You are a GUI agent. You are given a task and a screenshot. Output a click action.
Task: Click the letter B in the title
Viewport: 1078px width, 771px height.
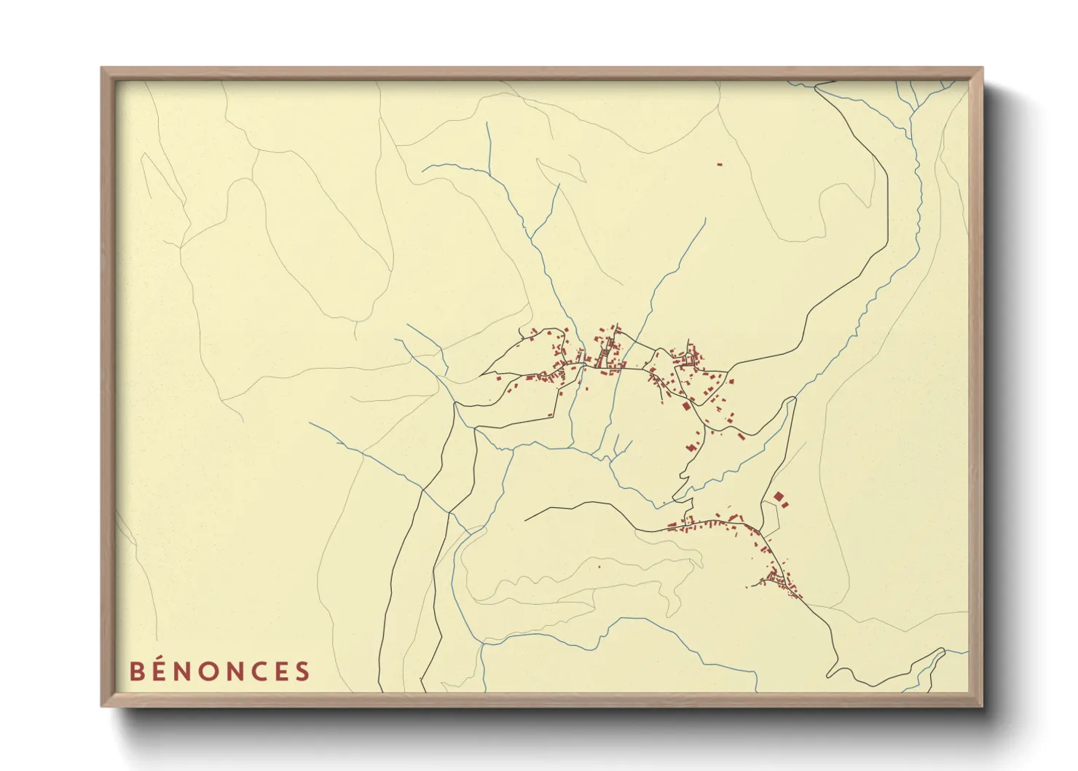[136, 671]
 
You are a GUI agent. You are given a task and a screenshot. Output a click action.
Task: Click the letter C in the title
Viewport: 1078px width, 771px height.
[264, 671]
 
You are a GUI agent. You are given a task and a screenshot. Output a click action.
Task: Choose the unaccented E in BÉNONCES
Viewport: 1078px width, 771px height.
[284, 671]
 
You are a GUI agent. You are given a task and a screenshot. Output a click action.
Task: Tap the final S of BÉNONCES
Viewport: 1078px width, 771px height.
[303, 671]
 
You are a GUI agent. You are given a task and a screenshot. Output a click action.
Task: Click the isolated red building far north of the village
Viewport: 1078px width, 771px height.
[720, 165]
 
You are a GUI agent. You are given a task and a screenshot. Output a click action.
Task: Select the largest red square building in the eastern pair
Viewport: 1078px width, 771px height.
[779, 496]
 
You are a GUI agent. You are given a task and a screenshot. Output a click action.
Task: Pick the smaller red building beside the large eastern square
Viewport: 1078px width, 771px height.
[785, 504]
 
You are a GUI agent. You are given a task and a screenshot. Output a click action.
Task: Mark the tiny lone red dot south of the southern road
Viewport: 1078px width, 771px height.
[599, 565]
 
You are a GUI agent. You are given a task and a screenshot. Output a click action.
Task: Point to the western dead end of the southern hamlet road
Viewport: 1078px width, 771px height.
[525, 520]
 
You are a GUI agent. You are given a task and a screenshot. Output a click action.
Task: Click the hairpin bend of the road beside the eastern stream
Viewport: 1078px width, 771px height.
[790, 399]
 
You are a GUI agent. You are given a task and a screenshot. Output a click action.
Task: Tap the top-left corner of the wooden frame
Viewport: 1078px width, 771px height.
[102, 69]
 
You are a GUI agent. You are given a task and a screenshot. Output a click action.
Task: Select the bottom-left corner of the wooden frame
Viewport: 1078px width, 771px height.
[102, 705]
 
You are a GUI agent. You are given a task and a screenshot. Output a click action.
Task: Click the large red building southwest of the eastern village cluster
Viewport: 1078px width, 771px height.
[686, 406]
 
